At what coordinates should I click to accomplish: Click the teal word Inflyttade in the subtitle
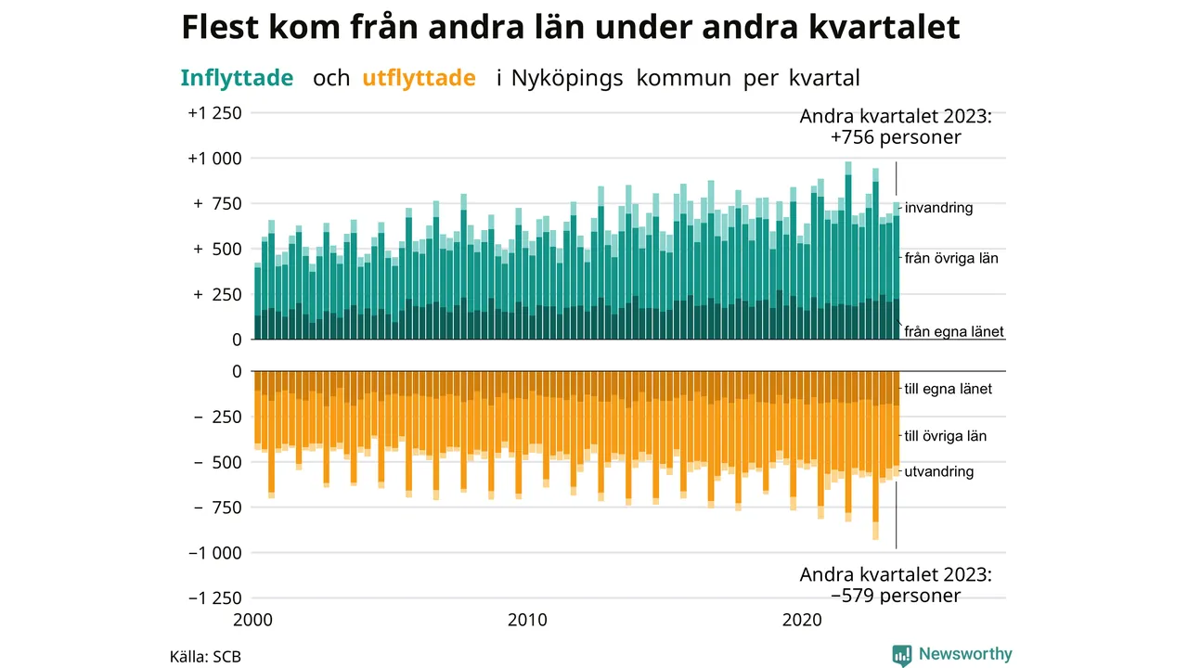(x=237, y=79)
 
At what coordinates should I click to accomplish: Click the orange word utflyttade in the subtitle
(x=419, y=79)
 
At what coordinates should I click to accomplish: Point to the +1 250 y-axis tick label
(x=214, y=113)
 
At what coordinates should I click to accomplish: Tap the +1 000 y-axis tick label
(x=214, y=159)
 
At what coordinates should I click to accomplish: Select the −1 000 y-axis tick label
(x=214, y=553)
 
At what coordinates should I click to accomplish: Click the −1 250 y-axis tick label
(x=214, y=598)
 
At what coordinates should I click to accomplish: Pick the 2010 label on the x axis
(x=527, y=620)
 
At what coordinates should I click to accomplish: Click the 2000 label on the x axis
(x=252, y=620)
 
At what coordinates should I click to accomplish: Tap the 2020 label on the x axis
(x=802, y=620)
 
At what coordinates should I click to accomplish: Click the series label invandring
(x=938, y=208)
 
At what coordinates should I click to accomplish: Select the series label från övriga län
(x=951, y=258)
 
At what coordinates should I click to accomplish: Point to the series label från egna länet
(x=954, y=331)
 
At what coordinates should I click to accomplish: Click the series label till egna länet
(x=949, y=389)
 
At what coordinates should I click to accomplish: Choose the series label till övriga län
(x=946, y=436)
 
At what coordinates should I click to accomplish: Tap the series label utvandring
(x=939, y=471)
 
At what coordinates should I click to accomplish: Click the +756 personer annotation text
(x=896, y=137)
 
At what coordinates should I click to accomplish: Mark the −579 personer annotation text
(x=896, y=596)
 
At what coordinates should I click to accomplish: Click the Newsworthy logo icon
(x=901, y=655)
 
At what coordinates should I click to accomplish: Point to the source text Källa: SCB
(x=205, y=656)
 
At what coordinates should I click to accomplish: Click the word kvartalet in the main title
(x=885, y=27)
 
